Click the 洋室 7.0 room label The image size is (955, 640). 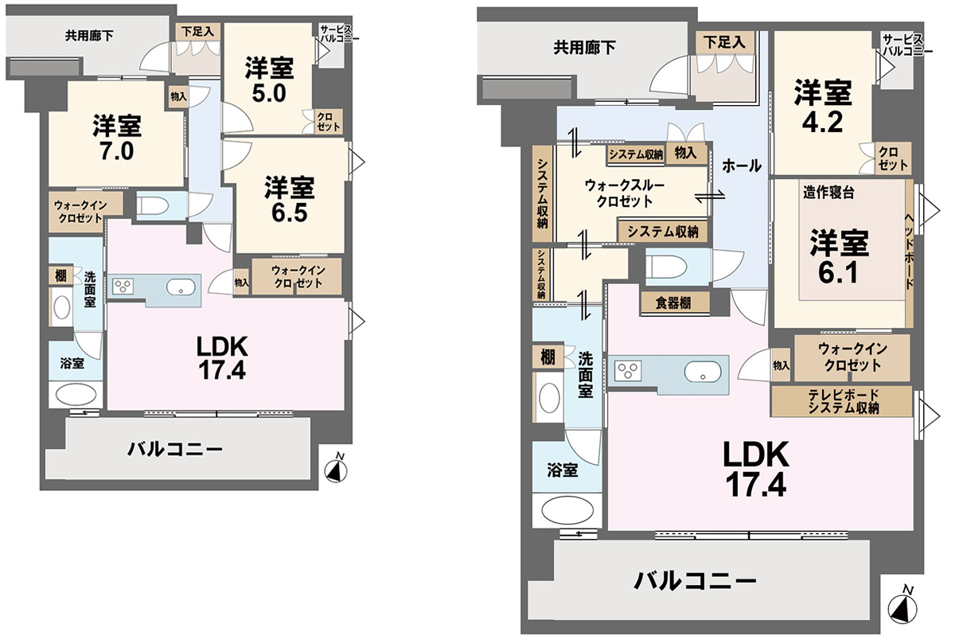(x=117, y=137)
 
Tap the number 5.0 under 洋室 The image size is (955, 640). (x=269, y=94)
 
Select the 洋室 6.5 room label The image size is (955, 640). (x=289, y=200)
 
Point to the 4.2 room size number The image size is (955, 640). (x=822, y=123)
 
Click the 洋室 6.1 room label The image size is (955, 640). (x=839, y=256)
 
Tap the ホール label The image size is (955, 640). (x=742, y=166)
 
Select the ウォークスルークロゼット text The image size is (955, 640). (x=624, y=193)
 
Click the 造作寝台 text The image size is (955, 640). (x=828, y=193)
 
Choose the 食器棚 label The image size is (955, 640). (x=673, y=302)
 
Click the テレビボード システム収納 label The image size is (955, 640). (x=843, y=401)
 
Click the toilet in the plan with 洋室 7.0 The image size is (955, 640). (x=153, y=205)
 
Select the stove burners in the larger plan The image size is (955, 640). (x=628, y=370)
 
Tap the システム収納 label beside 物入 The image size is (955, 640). (x=636, y=154)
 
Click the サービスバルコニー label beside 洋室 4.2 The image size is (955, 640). (x=906, y=45)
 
